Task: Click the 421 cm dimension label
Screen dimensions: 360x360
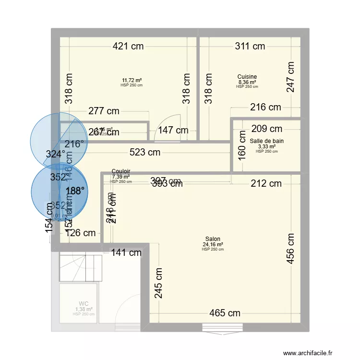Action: click(128, 47)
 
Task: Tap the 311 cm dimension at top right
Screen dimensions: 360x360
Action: click(250, 47)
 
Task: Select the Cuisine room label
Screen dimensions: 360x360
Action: click(247, 77)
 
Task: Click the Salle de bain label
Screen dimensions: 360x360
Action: click(267, 141)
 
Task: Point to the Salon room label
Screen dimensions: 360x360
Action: click(213, 239)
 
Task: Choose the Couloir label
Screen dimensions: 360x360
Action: click(121, 171)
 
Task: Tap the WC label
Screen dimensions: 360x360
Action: click(84, 304)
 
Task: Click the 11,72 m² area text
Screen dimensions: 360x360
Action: click(132, 81)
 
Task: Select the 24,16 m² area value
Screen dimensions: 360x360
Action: click(213, 244)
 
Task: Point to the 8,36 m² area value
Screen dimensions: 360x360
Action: click(247, 82)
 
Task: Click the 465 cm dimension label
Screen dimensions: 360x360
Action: click(225, 313)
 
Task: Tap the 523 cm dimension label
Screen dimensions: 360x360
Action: click(145, 153)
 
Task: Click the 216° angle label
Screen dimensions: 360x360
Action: click(74, 144)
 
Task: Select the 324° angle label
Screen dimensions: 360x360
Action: click(55, 154)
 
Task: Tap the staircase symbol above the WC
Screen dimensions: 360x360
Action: click(81, 268)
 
